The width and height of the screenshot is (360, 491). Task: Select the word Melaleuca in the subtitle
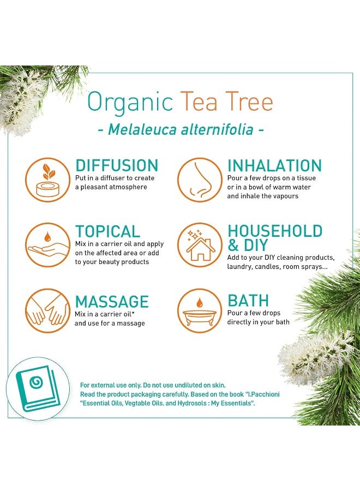point(139,130)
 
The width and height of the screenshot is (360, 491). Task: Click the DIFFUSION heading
point(117,166)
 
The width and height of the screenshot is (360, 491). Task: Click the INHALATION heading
point(274,166)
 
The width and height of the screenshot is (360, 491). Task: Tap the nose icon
point(199,179)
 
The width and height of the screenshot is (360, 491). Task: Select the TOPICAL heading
point(107,231)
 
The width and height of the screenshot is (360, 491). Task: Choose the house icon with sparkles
point(199,245)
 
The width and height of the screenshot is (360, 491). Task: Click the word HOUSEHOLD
point(275,231)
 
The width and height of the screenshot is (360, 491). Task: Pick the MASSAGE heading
point(112,302)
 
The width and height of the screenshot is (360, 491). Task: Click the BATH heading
point(248,301)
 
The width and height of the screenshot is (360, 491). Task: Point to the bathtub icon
point(199,310)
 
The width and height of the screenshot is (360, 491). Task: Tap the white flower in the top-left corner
point(22,101)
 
